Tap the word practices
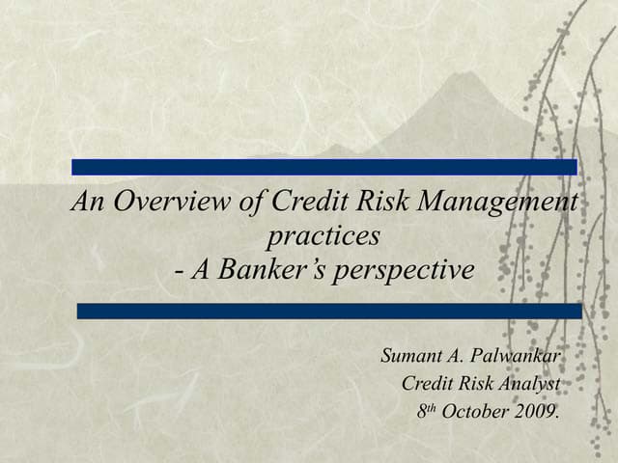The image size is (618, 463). point(323,236)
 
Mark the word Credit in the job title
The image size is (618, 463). point(425,384)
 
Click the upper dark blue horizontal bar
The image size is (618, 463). point(324,167)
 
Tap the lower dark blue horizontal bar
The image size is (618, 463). point(328,311)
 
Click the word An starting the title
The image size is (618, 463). point(89,204)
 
